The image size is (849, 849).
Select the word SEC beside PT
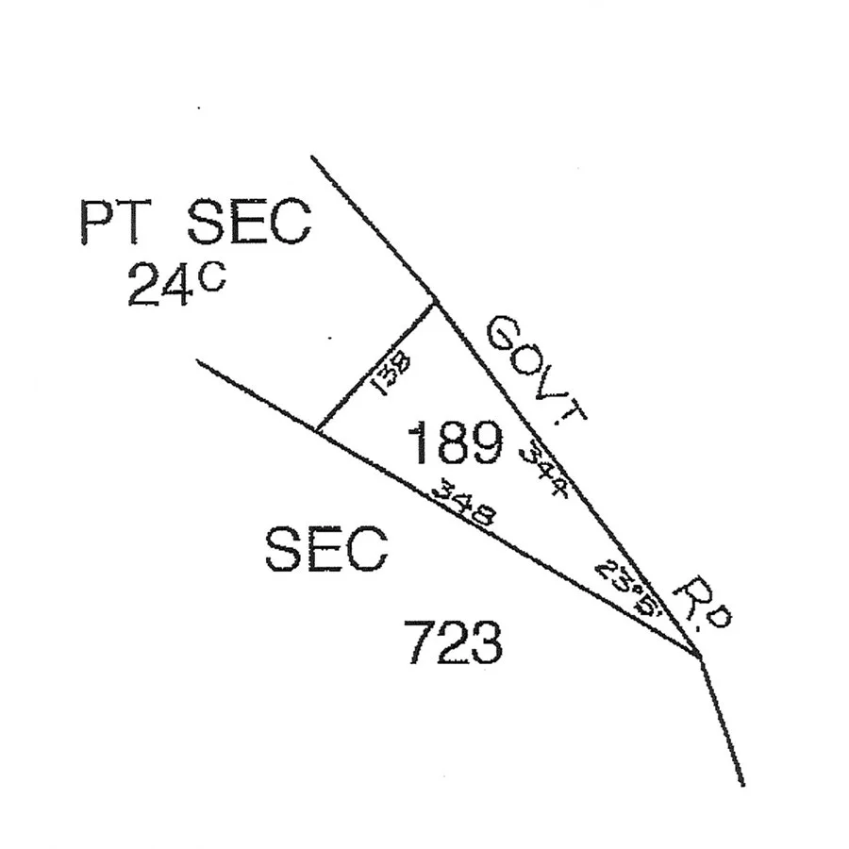pos(248,224)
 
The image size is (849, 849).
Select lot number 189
pos(454,443)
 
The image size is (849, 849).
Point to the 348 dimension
pos(463,504)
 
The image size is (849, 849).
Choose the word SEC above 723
pos(325,549)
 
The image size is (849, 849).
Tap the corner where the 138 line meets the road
pos(436,302)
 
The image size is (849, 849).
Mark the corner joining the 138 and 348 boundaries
pos(316,430)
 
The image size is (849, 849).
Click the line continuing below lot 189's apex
pos(722,722)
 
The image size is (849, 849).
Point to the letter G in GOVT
pos(506,335)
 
